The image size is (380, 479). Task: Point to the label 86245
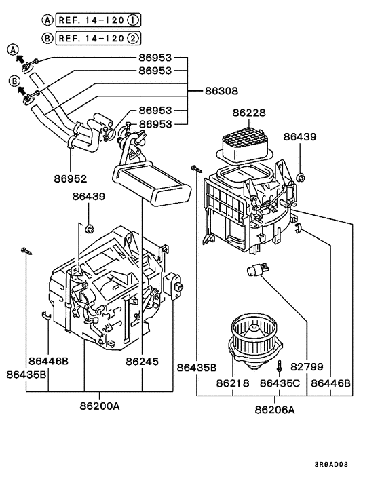(142, 362)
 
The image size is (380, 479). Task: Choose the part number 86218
(233, 383)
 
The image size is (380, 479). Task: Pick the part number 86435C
(280, 383)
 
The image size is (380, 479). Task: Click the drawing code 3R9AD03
(331, 465)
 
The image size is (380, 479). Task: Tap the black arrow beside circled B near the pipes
(21, 89)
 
